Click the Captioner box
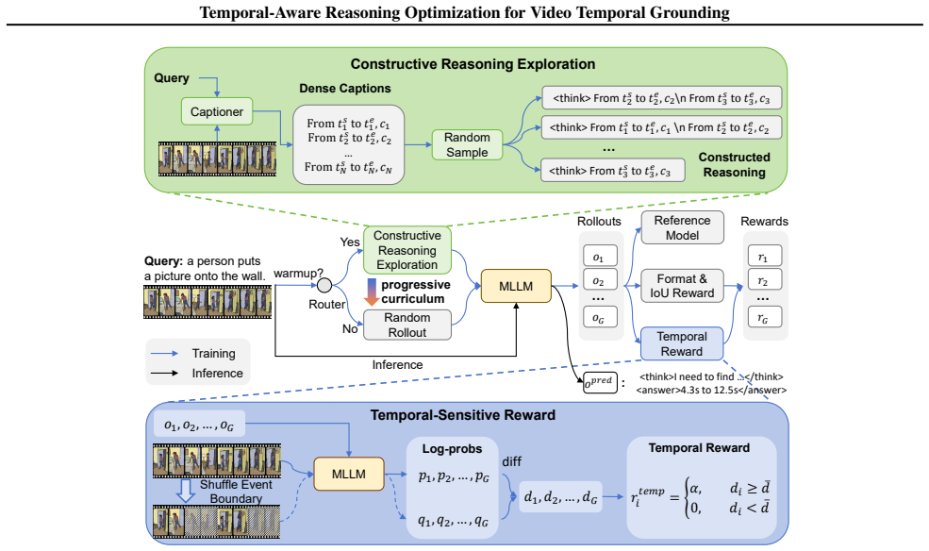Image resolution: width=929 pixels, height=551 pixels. tap(217, 111)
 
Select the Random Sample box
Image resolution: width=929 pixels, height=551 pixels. tap(467, 144)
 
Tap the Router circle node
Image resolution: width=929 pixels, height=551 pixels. tap(324, 286)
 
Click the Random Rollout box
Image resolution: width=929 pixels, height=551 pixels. tap(407, 325)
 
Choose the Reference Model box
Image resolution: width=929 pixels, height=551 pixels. tap(682, 227)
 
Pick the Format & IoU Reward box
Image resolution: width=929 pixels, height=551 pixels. tap(682, 286)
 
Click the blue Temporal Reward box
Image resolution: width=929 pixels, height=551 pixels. tap(682, 343)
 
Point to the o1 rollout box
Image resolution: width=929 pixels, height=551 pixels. tap(600, 257)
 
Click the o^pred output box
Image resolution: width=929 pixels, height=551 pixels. tap(600, 382)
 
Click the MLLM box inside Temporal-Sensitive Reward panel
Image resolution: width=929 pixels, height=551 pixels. tap(348, 474)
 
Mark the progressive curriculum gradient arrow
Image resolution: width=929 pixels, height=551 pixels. tap(372, 292)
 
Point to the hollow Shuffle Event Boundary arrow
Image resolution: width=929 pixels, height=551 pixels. tap(186, 491)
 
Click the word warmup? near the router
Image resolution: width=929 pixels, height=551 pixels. tap(299, 274)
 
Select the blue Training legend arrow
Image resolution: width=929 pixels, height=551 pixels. tap(165, 353)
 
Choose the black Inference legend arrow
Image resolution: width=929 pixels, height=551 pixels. tap(165, 374)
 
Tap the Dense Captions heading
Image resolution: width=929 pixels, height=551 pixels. tap(345, 89)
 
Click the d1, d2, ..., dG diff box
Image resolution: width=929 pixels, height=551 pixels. tap(560, 497)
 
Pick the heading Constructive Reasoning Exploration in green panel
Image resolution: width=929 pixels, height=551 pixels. tap(473, 64)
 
